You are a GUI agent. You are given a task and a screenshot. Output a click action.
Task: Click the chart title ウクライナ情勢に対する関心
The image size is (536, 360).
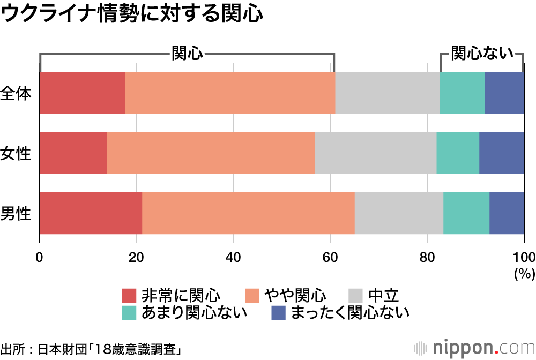[132, 14]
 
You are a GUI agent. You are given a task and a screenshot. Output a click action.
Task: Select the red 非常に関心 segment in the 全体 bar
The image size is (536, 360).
[82, 93]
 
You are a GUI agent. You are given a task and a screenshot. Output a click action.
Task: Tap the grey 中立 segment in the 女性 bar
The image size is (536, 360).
[375, 153]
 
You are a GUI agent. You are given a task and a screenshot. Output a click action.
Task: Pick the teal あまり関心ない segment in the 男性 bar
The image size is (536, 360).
[466, 213]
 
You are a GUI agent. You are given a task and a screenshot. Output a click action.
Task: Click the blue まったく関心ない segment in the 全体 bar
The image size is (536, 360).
[504, 93]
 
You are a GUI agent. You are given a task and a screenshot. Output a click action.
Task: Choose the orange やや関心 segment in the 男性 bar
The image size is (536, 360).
[248, 213]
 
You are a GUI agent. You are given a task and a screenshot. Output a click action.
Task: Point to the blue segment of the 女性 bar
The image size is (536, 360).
[501, 153]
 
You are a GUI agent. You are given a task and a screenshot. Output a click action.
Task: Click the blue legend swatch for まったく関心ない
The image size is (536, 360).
[279, 312]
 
